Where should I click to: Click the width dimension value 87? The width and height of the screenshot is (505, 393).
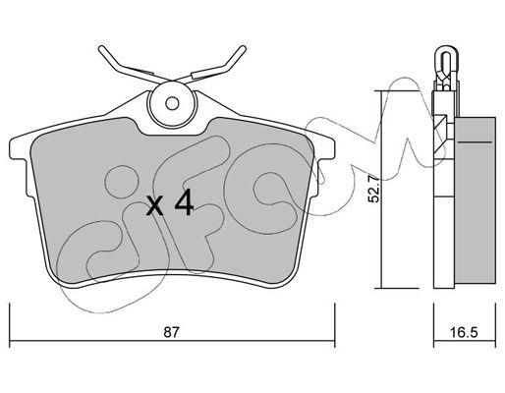pyautogui.click(x=172, y=333)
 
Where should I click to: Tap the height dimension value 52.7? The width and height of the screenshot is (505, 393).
pyautogui.click(x=373, y=190)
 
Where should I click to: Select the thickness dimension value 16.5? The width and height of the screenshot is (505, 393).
pyautogui.click(x=464, y=333)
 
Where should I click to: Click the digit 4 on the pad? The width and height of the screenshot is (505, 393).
pyautogui.click(x=185, y=202)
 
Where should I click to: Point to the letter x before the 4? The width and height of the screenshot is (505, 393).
pyautogui.click(x=155, y=206)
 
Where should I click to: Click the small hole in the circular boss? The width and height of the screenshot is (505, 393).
pyautogui.click(x=172, y=103)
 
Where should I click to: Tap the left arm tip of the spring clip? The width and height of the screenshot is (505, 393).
pyautogui.click(x=101, y=48)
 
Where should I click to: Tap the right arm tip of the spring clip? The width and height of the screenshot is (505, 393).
pyautogui.click(x=243, y=48)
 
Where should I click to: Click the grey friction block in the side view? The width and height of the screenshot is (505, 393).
pyautogui.click(x=476, y=199)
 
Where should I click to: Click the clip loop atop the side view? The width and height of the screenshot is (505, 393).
pyautogui.click(x=446, y=66)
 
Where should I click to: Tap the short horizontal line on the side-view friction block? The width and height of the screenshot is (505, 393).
pyautogui.click(x=475, y=142)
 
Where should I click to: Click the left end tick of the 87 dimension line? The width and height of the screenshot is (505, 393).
pyautogui.click(x=10, y=325)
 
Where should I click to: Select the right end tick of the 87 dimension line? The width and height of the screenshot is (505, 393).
pyautogui.click(x=334, y=325)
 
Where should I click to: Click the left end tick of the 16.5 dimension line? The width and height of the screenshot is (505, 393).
pyautogui.click(x=434, y=325)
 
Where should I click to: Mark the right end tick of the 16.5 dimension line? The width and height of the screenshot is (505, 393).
pyautogui.click(x=495, y=325)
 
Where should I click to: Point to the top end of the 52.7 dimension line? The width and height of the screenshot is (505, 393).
pyautogui.click(x=381, y=90)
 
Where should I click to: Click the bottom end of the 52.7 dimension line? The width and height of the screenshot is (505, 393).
pyautogui.click(x=381, y=288)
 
